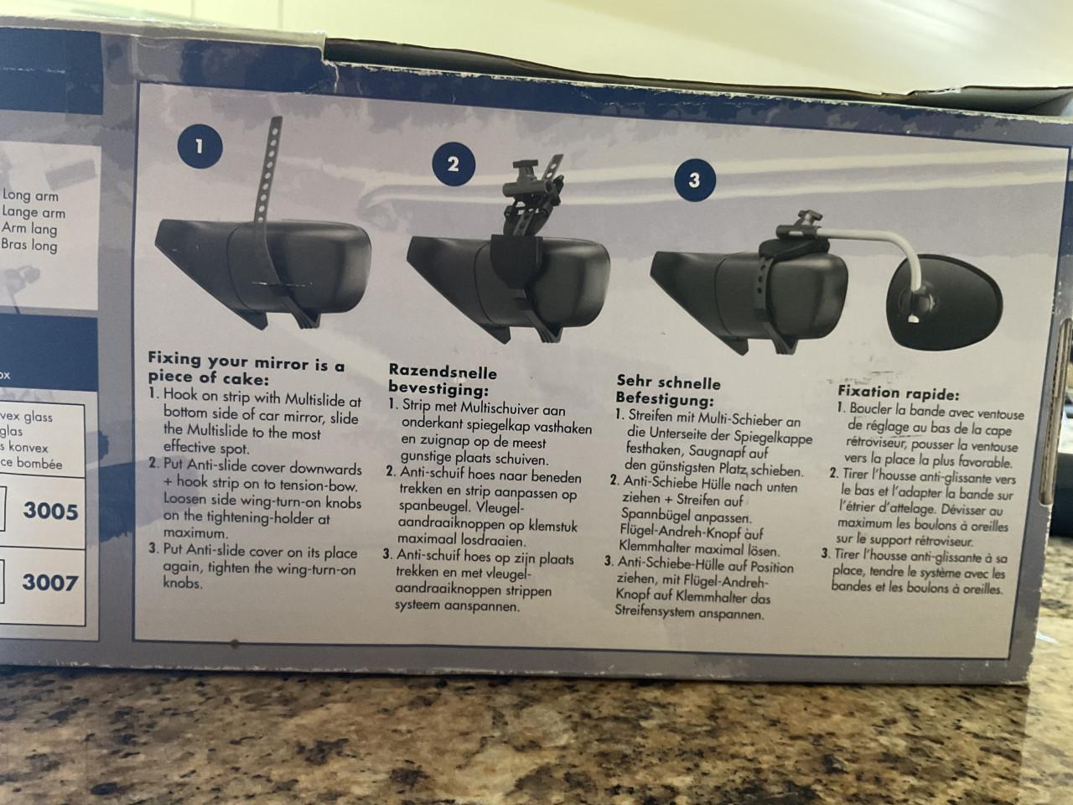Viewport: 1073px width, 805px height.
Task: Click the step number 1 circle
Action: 199,146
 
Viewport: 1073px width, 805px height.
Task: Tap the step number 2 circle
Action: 454,164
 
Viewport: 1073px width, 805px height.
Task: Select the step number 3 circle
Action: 695,179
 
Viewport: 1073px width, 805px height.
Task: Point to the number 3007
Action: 50,581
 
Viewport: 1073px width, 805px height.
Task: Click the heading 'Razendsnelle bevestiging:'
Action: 443,379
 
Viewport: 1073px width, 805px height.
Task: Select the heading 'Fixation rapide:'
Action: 899,393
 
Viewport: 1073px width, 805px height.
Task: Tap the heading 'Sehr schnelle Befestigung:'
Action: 667,390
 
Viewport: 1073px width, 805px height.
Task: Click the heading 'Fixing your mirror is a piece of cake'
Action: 245,371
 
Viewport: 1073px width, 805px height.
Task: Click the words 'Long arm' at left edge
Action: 29,196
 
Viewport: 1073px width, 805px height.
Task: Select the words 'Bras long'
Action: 30,245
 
